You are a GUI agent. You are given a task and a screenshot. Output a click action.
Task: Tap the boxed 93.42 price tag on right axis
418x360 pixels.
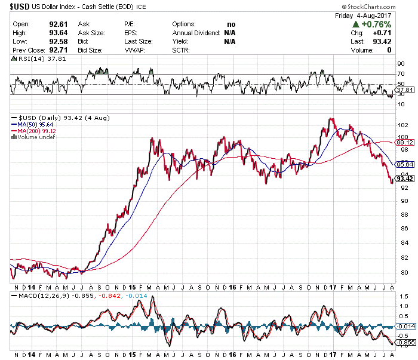click(x=405, y=179)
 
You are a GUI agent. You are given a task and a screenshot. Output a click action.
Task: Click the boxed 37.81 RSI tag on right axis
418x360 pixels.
click(x=405, y=90)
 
